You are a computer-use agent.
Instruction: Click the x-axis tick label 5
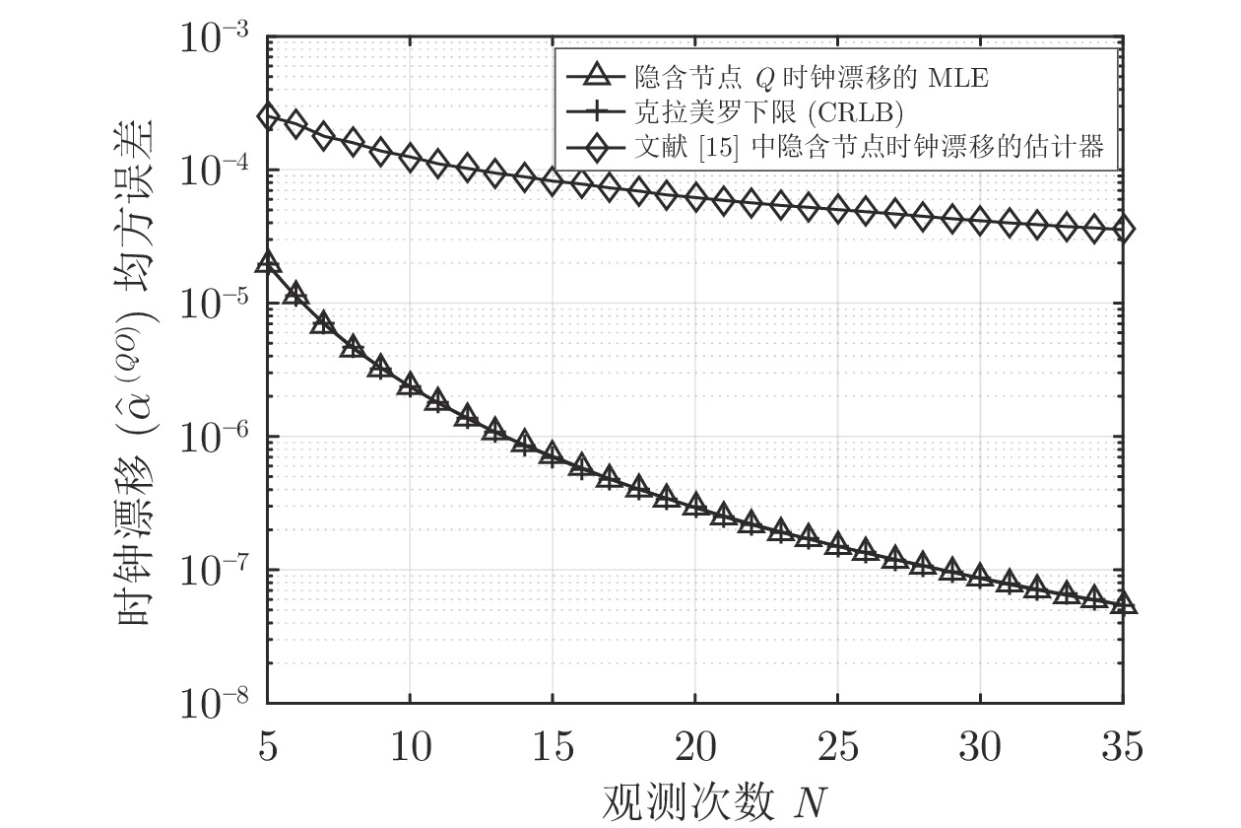267,750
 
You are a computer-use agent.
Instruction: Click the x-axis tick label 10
410,750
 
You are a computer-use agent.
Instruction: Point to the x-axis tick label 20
695,750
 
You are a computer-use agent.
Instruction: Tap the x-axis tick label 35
1123,750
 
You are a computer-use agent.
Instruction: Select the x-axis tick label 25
837,750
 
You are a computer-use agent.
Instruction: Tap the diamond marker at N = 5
267,116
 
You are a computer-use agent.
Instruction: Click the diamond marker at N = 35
1123,230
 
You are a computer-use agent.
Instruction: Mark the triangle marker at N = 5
267,262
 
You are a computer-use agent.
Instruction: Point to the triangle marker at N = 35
1123,603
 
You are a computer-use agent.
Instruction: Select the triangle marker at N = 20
695,504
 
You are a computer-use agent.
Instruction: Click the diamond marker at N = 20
695,198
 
